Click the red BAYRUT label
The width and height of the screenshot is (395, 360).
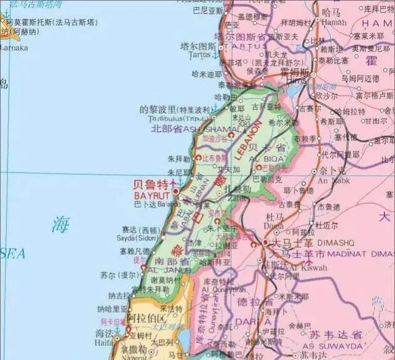click(x=148, y=194)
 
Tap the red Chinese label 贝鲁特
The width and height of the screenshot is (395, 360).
click(x=151, y=184)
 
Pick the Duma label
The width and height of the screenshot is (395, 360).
click(x=272, y=226)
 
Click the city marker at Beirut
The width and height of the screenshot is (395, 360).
click(x=175, y=184)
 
